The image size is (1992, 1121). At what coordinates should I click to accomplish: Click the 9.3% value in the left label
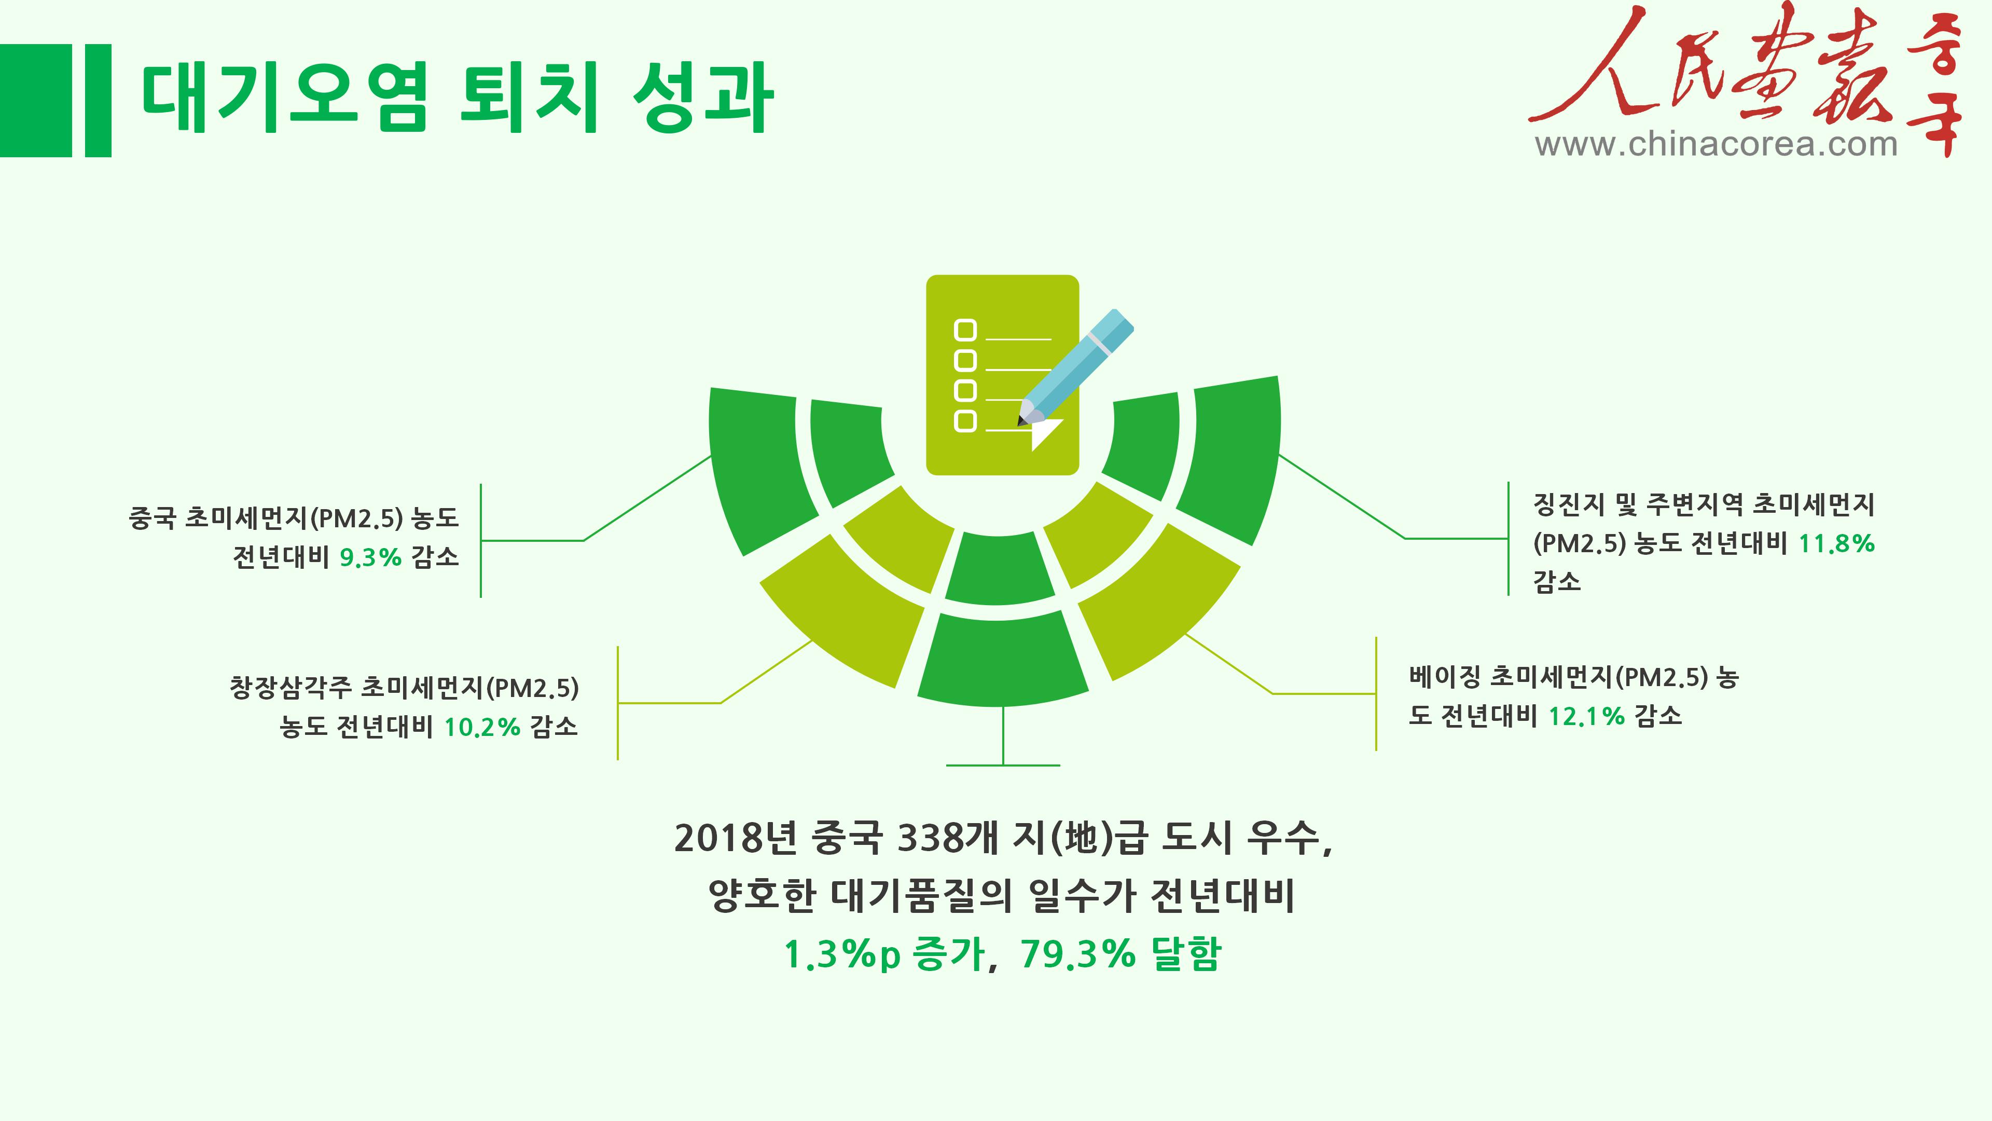[370, 557]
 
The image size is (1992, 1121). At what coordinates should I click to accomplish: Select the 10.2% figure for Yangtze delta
[482, 727]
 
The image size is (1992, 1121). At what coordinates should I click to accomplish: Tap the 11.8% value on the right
[1836, 544]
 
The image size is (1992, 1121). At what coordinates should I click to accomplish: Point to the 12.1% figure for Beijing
[1586, 716]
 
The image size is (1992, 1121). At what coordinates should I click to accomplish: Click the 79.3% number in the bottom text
[1078, 953]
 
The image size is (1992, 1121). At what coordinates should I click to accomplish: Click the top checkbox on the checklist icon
[965, 331]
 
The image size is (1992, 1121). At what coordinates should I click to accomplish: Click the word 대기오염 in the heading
[285, 98]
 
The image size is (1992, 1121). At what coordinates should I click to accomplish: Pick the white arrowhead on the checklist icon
[1046, 434]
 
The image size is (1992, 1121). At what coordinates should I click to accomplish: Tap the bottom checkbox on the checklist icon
[965, 421]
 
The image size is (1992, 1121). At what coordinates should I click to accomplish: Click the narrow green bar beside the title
[98, 101]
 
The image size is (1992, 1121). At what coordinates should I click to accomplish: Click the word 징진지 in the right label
[1569, 505]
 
